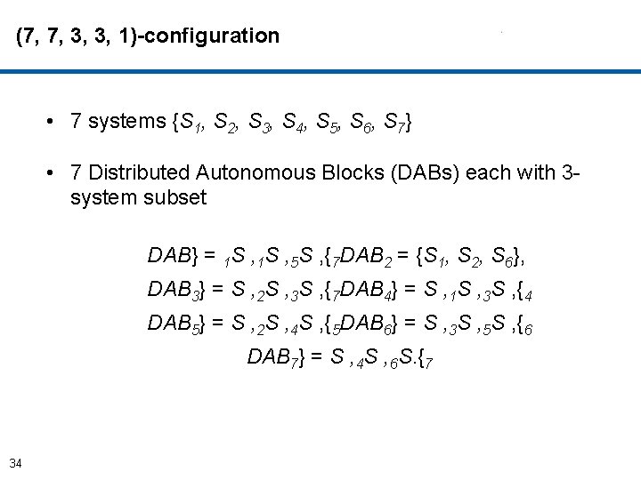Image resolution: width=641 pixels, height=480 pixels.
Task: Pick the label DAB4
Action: click(x=369, y=291)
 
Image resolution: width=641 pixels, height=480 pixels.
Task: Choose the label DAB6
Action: click(x=369, y=324)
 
